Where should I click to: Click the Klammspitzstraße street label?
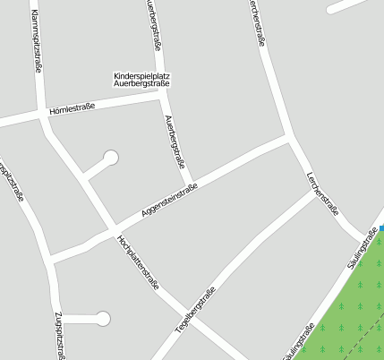37,41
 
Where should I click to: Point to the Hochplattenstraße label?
138,262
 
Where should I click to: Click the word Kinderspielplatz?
141,75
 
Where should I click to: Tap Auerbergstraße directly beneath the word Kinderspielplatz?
141,84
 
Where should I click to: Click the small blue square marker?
381,229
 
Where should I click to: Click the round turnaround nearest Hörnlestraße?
111,158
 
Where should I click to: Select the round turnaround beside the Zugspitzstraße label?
103,318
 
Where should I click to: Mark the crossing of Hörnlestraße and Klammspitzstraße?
41,114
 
